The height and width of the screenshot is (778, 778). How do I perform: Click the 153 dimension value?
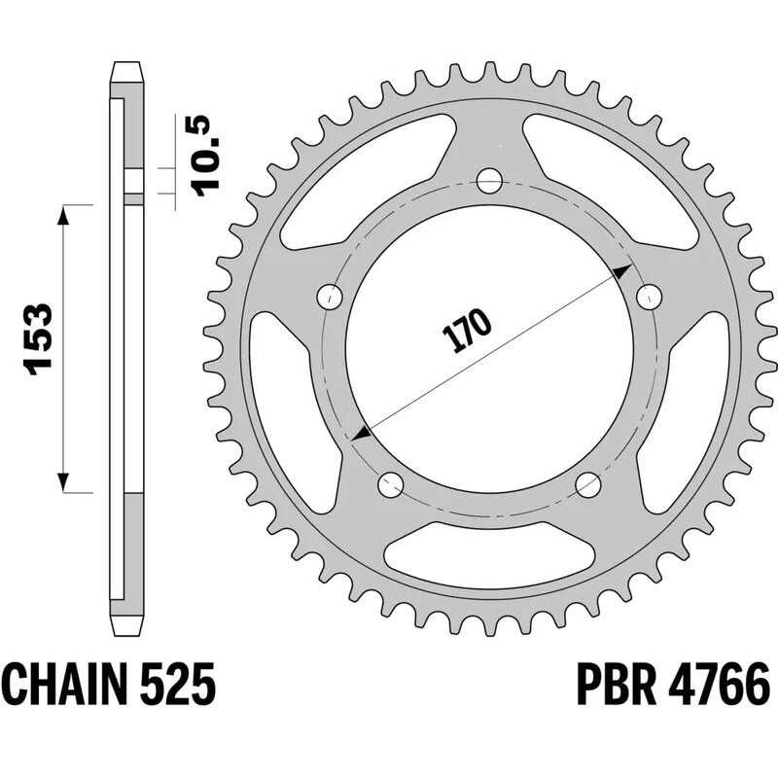[38, 338]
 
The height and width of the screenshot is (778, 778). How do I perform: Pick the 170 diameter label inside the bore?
[468, 332]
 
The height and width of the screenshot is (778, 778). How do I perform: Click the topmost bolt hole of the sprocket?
[489, 181]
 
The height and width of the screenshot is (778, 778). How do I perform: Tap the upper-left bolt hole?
[333, 296]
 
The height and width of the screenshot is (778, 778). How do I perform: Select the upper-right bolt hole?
[646, 296]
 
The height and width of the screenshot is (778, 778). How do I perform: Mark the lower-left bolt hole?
[391, 483]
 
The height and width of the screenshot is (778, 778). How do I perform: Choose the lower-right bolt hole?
[588, 483]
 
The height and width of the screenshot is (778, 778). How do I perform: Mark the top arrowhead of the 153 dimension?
[64, 215]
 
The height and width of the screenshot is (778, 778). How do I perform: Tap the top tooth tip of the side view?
[127, 70]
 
